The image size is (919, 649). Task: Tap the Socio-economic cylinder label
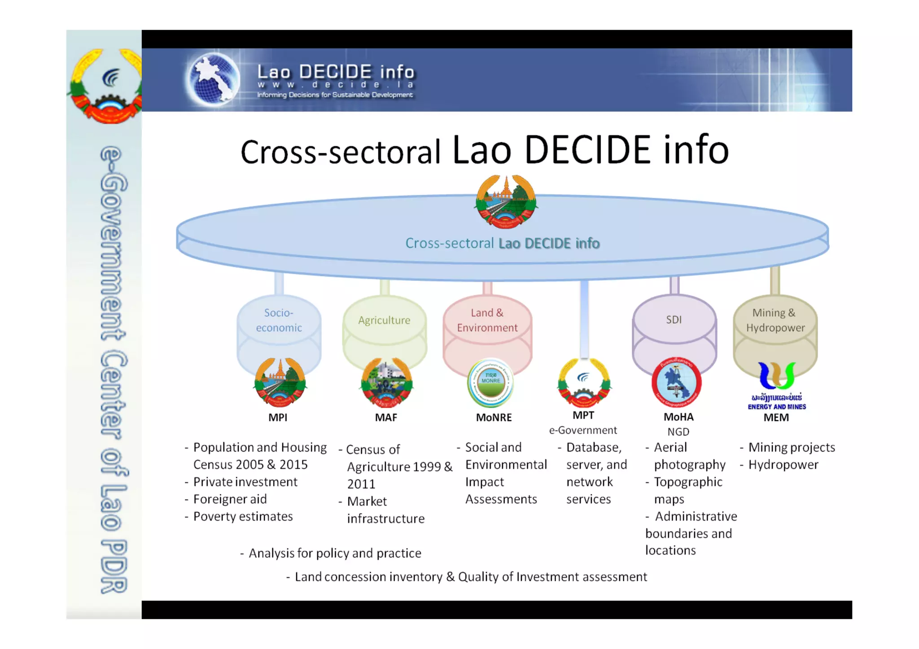[x=279, y=320]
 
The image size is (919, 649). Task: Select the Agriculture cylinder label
[x=384, y=320]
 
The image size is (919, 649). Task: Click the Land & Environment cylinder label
[x=487, y=320]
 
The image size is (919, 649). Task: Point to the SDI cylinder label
[x=674, y=320]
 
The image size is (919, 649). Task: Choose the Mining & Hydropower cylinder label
[x=775, y=320]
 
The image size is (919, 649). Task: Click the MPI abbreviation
[x=278, y=418]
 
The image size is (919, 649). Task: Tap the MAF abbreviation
[x=386, y=418]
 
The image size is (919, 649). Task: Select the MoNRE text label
[x=494, y=418]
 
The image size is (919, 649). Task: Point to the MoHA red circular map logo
[x=676, y=383]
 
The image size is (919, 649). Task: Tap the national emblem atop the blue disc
[x=506, y=202]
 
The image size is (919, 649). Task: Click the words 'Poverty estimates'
[x=243, y=517]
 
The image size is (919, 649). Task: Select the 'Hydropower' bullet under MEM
[x=783, y=465]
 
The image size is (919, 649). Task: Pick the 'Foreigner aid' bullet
[x=230, y=499]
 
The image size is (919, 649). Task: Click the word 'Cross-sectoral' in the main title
[x=341, y=152]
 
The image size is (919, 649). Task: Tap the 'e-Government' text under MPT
[x=583, y=431]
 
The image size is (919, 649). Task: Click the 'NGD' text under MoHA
[x=678, y=432]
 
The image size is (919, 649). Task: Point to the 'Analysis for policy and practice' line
[x=335, y=553]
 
